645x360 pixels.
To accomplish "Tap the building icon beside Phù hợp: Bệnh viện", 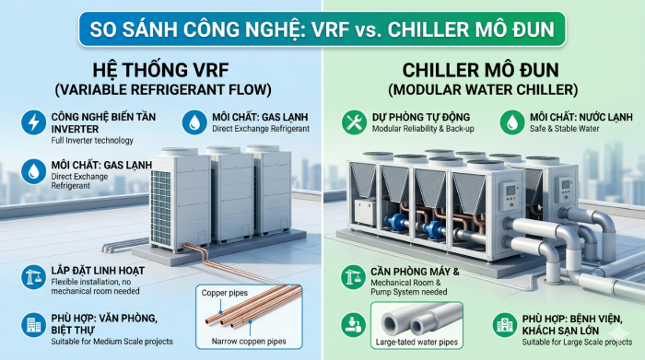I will tap(504, 324).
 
